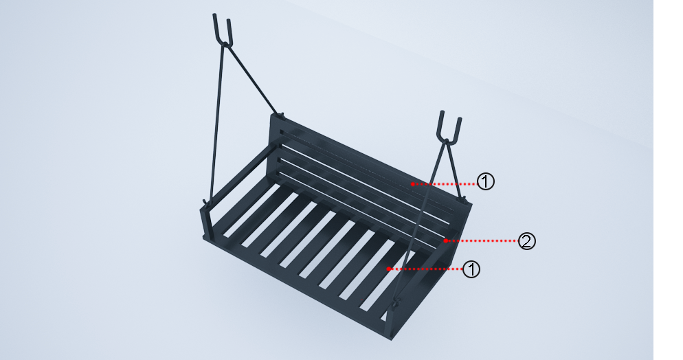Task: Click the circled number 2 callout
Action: (x=526, y=241)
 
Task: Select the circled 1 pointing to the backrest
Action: (x=486, y=181)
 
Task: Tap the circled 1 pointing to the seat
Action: (x=471, y=269)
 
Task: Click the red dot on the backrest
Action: (x=412, y=184)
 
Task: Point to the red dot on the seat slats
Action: (x=388, y=269)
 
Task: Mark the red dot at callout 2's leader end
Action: (x=445, y=240)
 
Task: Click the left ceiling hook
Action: (x=223, y=30)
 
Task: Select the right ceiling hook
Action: (x=449, y=127)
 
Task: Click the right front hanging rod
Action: (x=421, y=221)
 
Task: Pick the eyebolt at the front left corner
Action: (x=205, y=203)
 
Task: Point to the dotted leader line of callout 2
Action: (x=481, y=240)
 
